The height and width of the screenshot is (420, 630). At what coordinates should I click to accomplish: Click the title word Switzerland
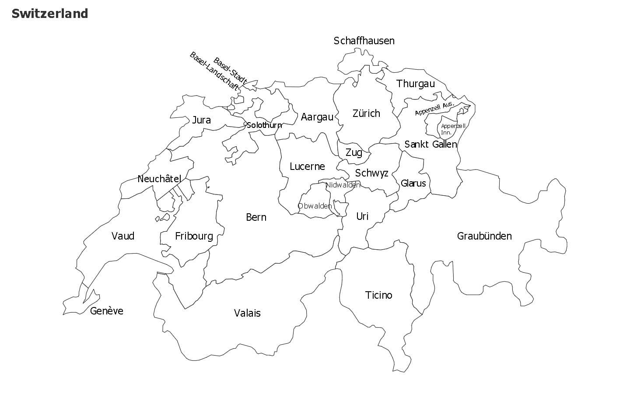[50, 14]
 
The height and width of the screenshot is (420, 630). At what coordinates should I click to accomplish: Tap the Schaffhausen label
[364, 41]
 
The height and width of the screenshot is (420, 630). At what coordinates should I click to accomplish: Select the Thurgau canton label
[415, 84]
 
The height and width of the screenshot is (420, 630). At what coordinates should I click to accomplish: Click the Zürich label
[366, 113]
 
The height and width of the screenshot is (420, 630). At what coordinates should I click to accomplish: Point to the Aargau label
[317, 117]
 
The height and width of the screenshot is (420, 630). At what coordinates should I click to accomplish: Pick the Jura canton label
[201, 120]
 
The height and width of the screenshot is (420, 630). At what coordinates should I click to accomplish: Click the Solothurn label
[264, 125]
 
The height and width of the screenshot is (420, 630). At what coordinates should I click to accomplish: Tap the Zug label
[353, 152]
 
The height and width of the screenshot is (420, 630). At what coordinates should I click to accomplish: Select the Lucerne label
[307, 166]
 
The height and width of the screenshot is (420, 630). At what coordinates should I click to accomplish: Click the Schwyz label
[371, 173]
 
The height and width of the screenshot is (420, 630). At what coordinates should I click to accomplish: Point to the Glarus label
[413, 183]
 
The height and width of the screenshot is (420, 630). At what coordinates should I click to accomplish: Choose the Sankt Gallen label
[430, 144]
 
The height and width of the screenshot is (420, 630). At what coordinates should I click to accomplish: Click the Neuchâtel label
[159, 179]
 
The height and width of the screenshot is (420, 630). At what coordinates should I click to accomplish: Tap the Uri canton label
[362, 216]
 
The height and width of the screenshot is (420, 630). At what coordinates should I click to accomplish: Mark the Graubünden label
[484, 236]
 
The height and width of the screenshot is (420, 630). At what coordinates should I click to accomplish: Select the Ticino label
[378, 295]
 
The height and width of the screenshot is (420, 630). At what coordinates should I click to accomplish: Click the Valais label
[247, 313]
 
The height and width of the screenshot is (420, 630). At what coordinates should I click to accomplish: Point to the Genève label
[107, 311]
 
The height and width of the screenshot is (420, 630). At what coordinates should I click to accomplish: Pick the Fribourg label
[194, 236]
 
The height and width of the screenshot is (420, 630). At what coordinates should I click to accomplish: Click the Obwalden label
[315, 206]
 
